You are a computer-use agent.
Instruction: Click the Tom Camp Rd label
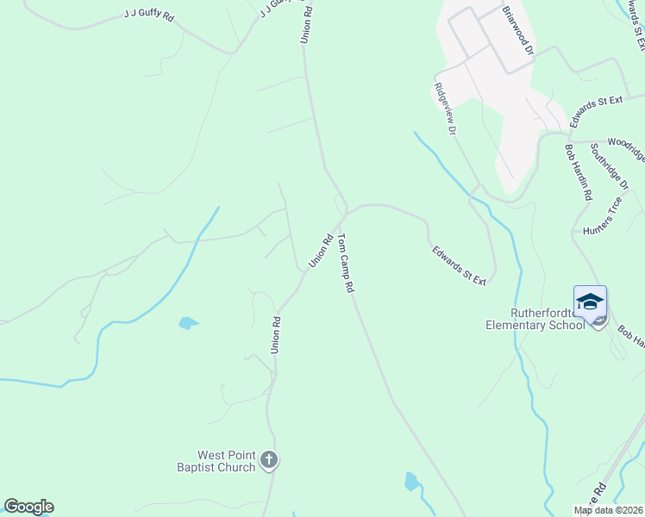point(346,264)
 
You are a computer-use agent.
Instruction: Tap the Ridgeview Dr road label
point(444,109)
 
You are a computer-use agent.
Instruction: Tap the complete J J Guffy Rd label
point(150,16)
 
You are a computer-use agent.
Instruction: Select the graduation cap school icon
point(590,302)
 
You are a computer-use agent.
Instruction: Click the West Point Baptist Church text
point(227,461)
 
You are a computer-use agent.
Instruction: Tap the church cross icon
point(269,460)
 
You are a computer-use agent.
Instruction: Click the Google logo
point(28,507)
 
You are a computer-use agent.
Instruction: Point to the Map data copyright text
point(609,510)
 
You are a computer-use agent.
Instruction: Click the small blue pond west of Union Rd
point(187,323)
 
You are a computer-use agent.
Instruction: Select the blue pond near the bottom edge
point(411,481)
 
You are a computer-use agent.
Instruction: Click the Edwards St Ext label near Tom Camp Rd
point(460,265)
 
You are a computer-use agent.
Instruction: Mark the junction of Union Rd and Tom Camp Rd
point(346,211)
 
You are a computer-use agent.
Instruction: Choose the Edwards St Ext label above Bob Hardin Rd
point(596,108)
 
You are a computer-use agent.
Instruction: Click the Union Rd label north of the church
point(275,334)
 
